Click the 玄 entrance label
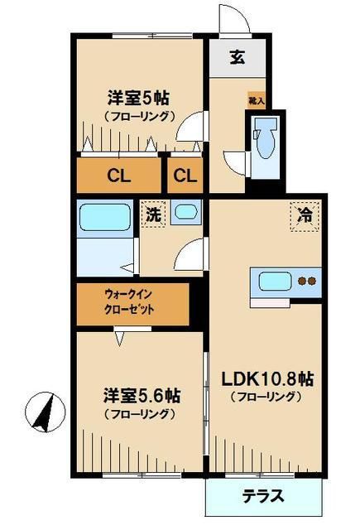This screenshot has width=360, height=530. [x=238, y=57]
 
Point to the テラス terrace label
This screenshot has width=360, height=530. [x=263, y=497]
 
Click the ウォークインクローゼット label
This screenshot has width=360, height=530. [x=131, y=304]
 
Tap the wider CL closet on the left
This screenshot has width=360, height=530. [x=118, y=176]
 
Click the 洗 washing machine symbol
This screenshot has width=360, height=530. [x=153, y=213]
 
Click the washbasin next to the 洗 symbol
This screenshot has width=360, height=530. [x=187, y=214]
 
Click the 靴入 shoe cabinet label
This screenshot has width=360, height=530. [x=257, y=99]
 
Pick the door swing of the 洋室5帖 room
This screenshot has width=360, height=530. [x=190, y=124]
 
